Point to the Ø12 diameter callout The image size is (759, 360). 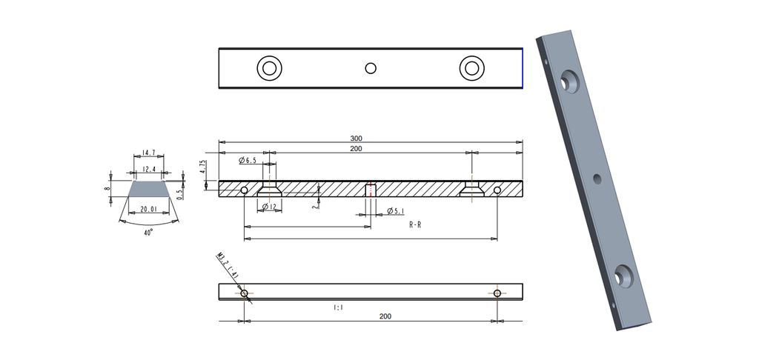pos(271,207)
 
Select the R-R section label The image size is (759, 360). pos(415,225)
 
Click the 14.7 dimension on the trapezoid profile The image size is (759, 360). pos(148,153)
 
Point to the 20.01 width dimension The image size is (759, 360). pos(149,210)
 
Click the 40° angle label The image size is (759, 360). pos(148,232)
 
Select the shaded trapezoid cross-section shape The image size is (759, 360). pos(148,190)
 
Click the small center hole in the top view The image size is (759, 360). pos(371,69)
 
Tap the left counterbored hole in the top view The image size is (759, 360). pos(270,69)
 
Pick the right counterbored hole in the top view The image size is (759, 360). pos(471,69)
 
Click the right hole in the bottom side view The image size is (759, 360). pos(497,293)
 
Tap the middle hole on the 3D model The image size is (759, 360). pos(597,179)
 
